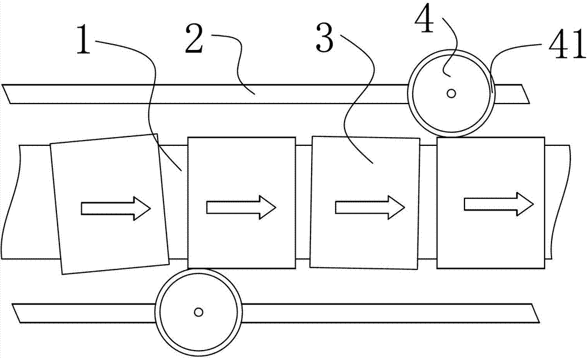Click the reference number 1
tap(84, 39)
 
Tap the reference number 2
tap(195, 38)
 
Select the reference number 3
tap(325, 38)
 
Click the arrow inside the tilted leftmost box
tap(116, 208)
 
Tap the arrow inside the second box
tap(241, 207)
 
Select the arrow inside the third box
tap(370, 207)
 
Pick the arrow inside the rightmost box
tap(499, 204)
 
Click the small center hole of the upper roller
tap(452, 93)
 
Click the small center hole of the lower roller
tap(198, 312)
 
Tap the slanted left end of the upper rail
tap(6, 94)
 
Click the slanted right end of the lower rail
tap(535, 314)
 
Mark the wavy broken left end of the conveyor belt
tap(10, 202)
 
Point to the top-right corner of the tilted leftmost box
tap(157, 134)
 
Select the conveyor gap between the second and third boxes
tap(303, 202)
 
